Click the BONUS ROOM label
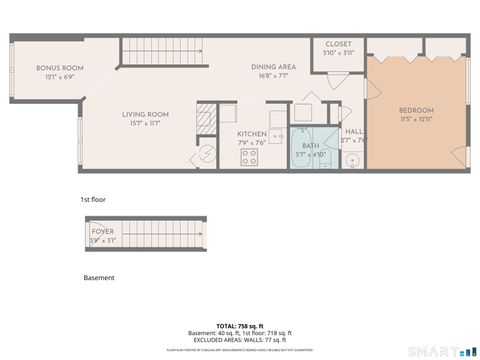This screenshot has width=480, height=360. pyautogui.click(x=59, y=68)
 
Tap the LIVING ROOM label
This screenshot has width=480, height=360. pyautogui.click(x=143, y=113)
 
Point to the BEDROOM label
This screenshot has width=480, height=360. pyautogui.click(x=416, y=109)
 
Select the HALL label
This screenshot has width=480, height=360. pyautogui.click(x=353, y=132)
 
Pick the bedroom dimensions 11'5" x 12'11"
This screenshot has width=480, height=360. pyautogui.click(x=416, y=119)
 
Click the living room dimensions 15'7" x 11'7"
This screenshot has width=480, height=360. pyautogui.click(x=143, y=123)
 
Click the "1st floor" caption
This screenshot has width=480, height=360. pyautogui.click(x=93, y=199)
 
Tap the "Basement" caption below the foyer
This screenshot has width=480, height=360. pyautogui.click(x=99, y=277)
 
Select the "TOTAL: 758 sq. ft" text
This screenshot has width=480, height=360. pyautogui.click(x=239, y=325)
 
